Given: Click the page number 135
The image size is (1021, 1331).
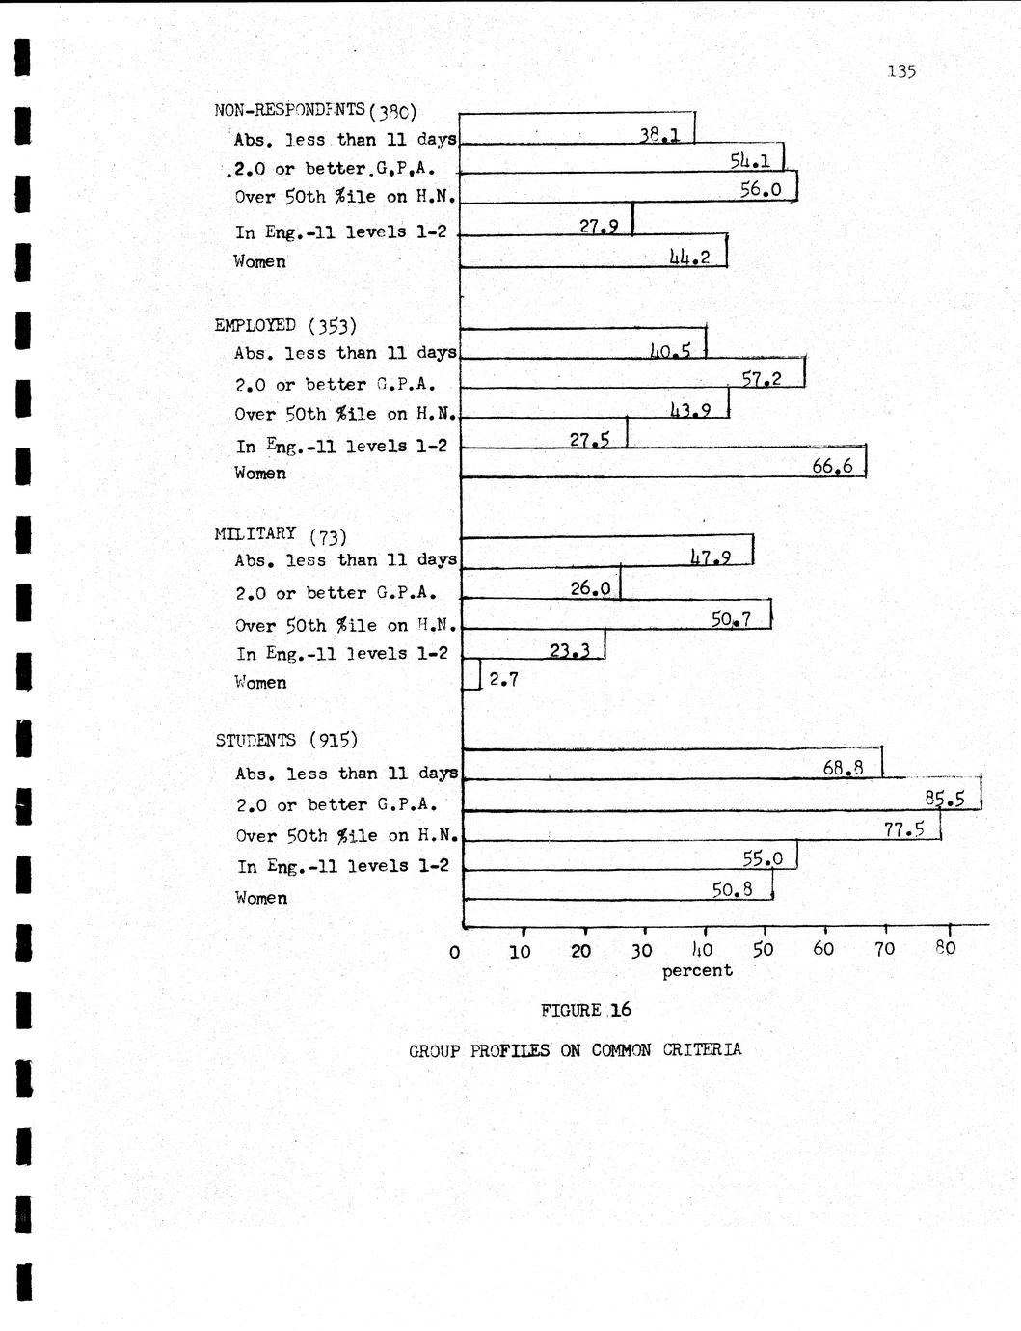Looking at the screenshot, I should [x=900, y=71].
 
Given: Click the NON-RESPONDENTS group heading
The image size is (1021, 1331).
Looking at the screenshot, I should [x=314, y=110].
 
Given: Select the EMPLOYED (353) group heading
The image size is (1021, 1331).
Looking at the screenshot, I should [x=285, y=325].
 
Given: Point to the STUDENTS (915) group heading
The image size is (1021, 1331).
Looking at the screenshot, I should [x=286, y=740].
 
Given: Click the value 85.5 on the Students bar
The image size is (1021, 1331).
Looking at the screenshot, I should [x=945, y=799].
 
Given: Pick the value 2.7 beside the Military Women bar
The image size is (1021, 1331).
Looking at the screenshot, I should [x=503, y=679].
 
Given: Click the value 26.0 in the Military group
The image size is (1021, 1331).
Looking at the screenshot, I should [x=591, y=586].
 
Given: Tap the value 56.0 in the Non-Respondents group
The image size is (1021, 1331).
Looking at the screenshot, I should [x=761, y=190].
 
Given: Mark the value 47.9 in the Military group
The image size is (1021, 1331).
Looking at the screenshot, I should [x=712, y=557].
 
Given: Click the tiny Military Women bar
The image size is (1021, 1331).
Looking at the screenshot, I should [x=471, y=674].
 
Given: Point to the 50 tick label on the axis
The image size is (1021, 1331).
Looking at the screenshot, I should [x=763, y=949].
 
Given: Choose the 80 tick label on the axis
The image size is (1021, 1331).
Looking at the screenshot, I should [x=946, y=948].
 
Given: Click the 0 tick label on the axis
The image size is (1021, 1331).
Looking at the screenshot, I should [x=454, y=951].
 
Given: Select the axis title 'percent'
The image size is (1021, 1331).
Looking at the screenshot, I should [x=697, y=970].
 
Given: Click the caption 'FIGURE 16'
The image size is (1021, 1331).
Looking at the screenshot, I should [x=585, y=1010].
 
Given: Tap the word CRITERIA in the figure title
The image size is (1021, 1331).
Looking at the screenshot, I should [x=702, y=1049].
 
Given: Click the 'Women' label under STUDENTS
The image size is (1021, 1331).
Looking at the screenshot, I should [x=261, y=898].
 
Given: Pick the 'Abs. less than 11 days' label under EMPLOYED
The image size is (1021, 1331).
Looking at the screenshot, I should [x=345, y=353].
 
